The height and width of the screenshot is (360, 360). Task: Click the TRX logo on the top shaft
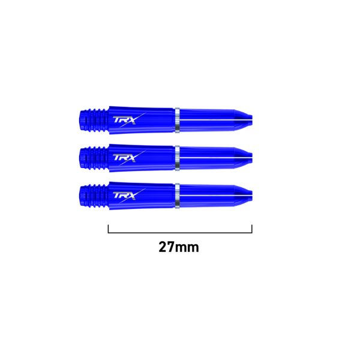point(129,120)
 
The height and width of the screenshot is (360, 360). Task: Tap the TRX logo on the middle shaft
point(129,158)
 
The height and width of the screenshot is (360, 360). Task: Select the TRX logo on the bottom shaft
point(129,196)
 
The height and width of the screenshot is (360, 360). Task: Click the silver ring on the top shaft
point(177,120)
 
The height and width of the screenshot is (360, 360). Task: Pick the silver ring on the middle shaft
point(177,158)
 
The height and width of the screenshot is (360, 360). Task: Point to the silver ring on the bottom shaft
point(177,196)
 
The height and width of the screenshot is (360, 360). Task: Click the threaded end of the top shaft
point(94,121)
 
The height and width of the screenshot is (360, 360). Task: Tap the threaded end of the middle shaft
point(94,158)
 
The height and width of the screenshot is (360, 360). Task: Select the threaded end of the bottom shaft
point(94,196)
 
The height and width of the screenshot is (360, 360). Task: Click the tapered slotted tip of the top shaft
point(243,121)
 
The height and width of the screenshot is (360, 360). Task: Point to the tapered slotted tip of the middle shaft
point(243,158)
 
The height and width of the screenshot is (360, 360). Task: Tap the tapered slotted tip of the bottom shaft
point(243,196)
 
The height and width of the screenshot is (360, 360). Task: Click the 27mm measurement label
point(179,247)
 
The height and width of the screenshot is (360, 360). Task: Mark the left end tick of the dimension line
point(108,229)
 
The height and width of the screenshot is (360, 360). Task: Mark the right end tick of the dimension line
point(252,229)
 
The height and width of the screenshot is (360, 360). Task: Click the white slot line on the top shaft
point(216,119)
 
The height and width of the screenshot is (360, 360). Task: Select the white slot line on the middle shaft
point(216,157)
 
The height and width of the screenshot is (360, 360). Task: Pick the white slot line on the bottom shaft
point(216,196)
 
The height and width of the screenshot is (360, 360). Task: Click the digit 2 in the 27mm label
point(163,247)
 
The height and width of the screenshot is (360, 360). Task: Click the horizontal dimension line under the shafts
point(180,233)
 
